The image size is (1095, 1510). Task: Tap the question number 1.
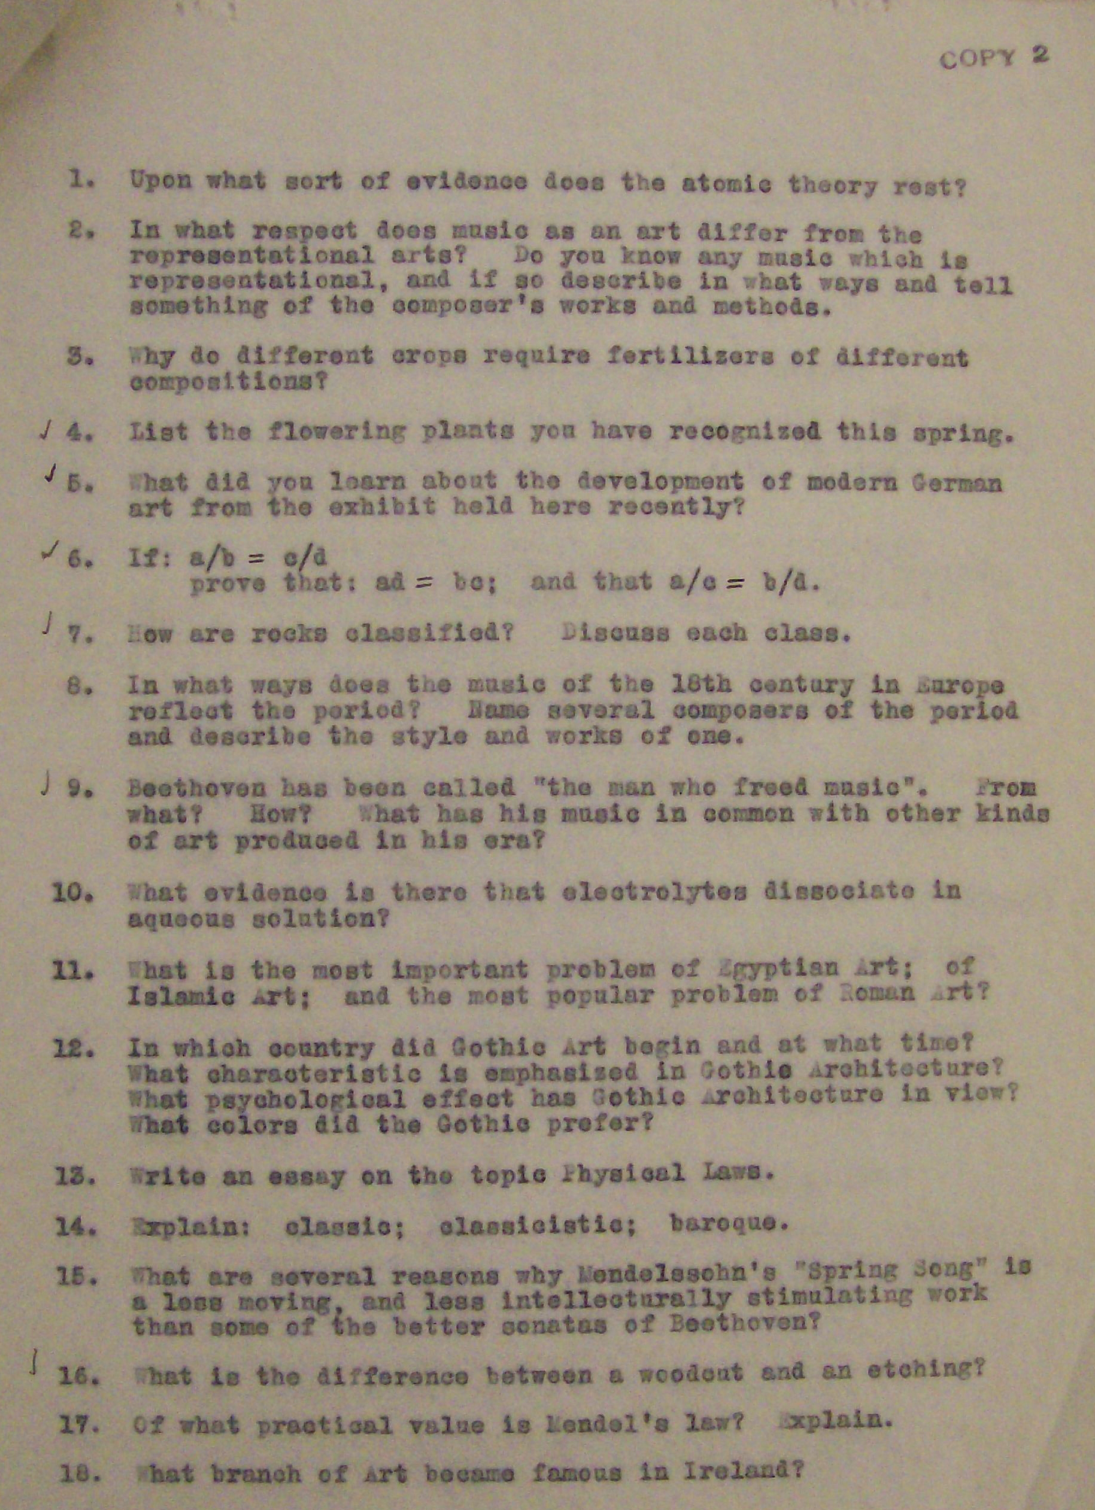[x=80, y=180]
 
